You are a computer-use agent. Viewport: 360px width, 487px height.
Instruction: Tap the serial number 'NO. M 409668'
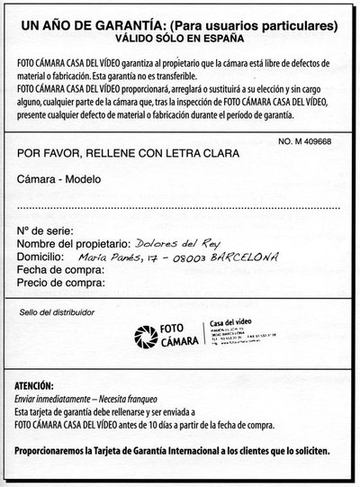click(311, 140)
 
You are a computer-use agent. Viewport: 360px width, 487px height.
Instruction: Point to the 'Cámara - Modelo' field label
click(59, 178)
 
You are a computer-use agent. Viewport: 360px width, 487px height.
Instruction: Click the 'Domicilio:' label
click(41, 257)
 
